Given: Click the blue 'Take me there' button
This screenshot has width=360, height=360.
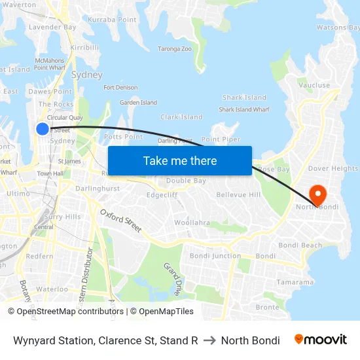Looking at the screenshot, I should pyautogui.click(x=180, y=160).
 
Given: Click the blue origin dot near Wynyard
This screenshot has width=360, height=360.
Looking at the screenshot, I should pyautogui.click(x=43, y=129).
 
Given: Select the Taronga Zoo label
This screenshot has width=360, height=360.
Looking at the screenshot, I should pyautogui.click(x=174, y=48).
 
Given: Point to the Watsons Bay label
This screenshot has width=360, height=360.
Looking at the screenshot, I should pyautogui.click(x=338, y=27).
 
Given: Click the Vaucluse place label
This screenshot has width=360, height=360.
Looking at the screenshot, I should pyautogui.click(x=314, y=85).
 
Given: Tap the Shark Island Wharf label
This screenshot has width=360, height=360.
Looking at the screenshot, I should pyautogui.click(x=243, y=109).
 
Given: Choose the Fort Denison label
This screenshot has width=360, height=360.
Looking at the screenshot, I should pyautogui.click(x=120, y=87).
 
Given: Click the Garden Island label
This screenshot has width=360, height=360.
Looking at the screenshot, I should pyautogui.click(x=138, y=102).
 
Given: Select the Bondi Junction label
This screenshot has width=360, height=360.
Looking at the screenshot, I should pyautogui.click(x=215, y=256).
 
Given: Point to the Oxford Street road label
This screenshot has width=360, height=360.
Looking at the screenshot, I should pyautogui.click(x=121, y=221).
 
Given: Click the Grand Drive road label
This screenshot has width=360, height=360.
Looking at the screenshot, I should pyautogui.click(x=171, y=279).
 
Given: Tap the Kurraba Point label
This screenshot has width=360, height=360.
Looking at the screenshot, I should pyautogui.click(x=112, y=20).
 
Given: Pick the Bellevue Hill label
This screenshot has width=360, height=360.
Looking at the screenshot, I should pyautogui.click(x=238, y=195).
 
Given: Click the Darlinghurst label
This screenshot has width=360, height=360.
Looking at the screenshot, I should pyautogui.click(x=98, y=189).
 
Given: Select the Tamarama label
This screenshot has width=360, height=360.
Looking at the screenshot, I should pyautogui.click(x=295, y=282).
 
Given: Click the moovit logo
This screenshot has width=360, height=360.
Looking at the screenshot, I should pyautogui.click(x=320, y=340).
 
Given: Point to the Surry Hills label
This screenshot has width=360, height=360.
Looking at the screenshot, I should pyautogui.click(x=62, y=217).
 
